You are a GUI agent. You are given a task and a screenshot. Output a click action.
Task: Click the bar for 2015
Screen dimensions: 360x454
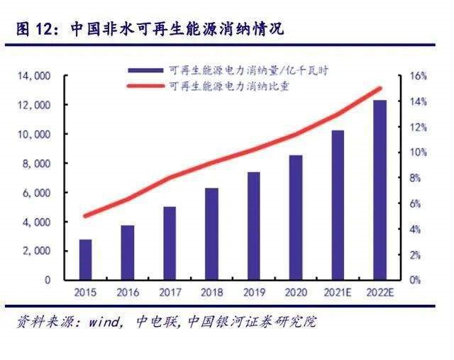[85, 259]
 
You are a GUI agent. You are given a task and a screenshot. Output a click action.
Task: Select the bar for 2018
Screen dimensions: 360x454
[211, 234]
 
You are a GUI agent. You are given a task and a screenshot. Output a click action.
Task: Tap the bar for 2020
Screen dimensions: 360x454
[296, 218]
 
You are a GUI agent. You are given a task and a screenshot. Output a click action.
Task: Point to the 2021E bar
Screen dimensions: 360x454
[338, 205]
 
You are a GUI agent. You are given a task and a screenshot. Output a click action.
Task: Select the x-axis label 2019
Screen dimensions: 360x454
[253, 291]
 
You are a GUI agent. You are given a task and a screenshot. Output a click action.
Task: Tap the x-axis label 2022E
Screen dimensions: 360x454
[380, 291]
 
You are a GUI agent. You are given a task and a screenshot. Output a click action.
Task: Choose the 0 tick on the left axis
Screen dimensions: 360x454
[48, 280]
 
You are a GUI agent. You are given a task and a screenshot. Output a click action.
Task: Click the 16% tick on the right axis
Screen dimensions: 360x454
[418, 76]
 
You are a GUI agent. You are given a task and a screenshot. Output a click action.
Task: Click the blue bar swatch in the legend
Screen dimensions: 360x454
[145, 71]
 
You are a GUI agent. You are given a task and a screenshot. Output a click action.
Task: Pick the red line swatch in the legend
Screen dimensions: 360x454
[145, 86]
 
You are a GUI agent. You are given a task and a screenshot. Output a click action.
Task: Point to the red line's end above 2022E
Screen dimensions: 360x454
[380, 89]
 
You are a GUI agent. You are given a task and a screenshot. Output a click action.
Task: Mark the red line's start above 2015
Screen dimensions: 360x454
[85, 216]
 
